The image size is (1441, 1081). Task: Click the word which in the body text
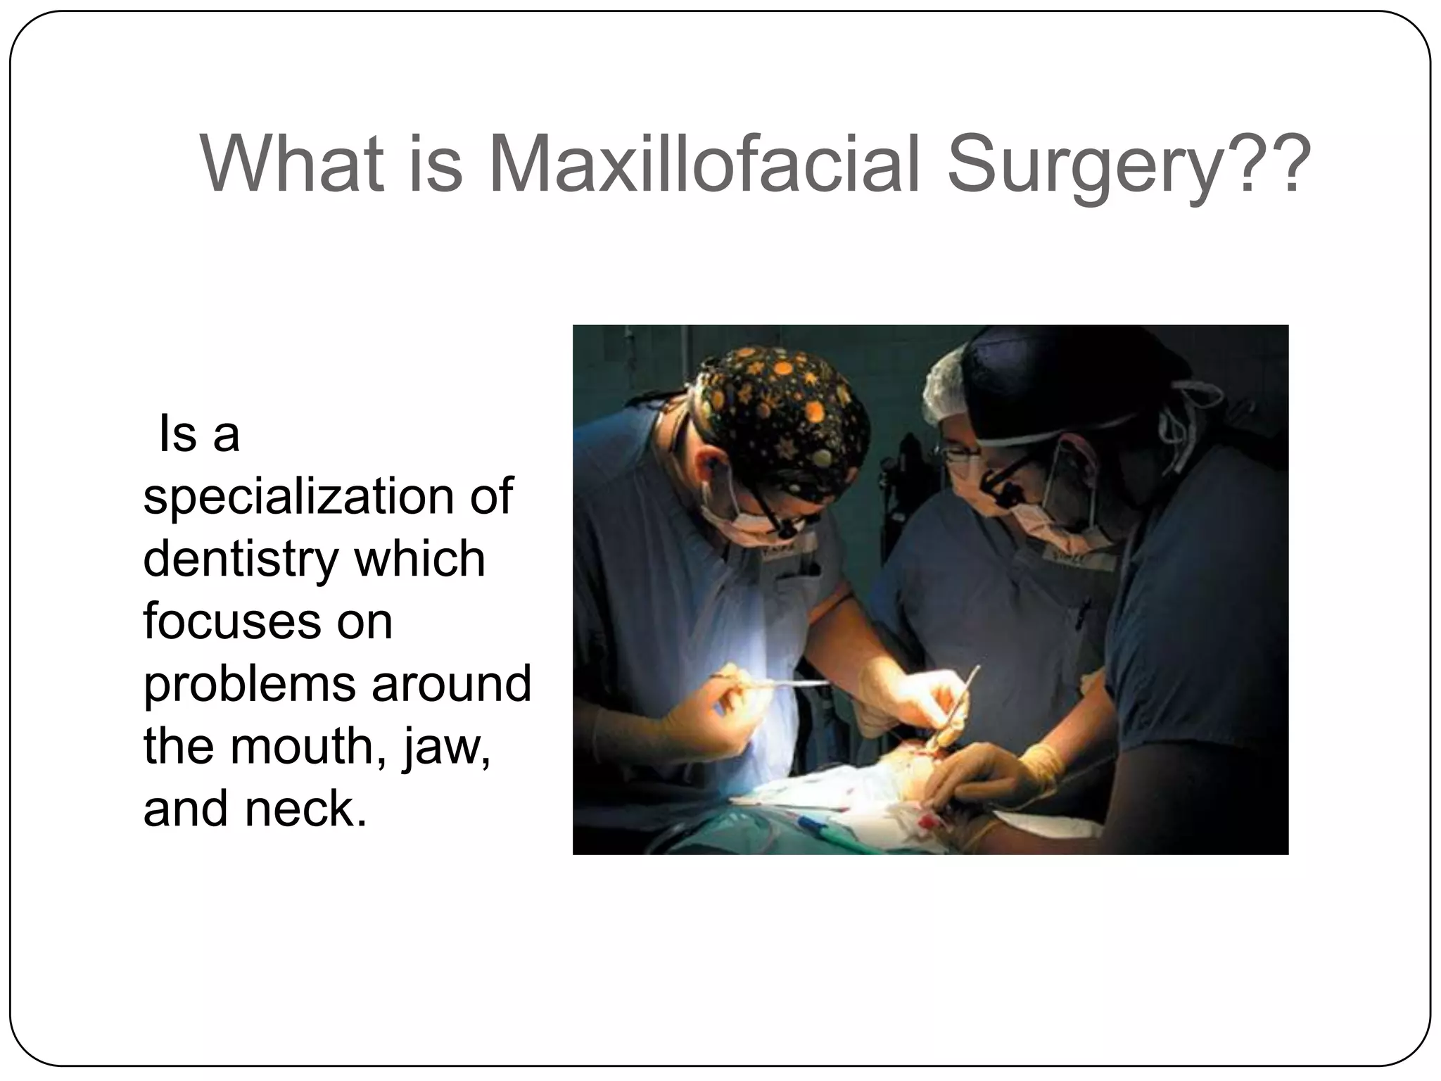pyautogui.click(x=419, y=560)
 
